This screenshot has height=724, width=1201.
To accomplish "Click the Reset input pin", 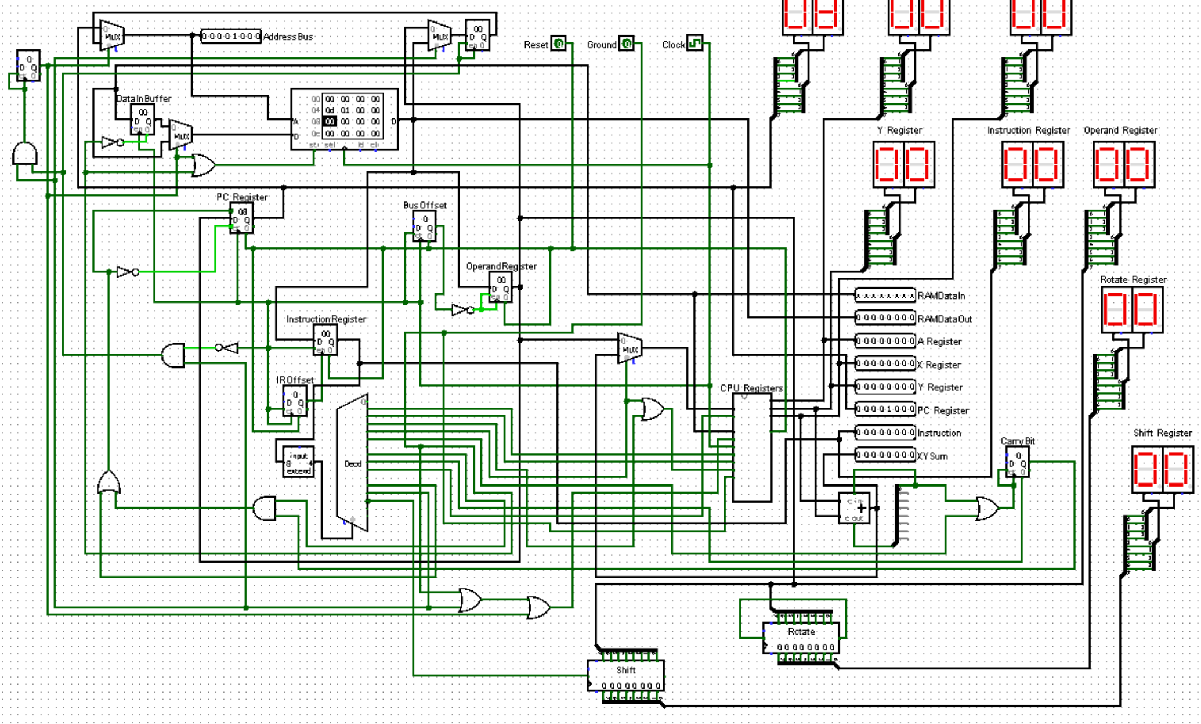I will pos(558,44).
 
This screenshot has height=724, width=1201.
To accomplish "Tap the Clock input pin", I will pos(695,44).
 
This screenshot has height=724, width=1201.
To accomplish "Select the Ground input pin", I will pos(627,44).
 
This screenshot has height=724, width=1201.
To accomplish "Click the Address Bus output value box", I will pos(231,36).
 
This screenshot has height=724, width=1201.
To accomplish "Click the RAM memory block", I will pos(345,119).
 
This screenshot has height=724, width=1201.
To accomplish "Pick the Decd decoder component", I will pos(352,463).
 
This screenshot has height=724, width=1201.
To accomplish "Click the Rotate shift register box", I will pos(801,638).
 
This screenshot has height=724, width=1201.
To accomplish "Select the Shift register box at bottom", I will pos(625,676).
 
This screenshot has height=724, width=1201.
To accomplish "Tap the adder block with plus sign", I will pos(855,509).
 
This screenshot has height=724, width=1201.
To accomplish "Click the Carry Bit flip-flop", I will pos(1018,463).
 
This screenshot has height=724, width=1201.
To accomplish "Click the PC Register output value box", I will pos(885,409).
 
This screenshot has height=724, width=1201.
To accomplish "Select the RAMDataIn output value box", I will pos(885,296).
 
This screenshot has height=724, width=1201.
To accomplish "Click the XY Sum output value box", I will pos(885,455).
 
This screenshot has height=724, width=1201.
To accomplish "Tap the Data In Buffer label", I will pos(143,99).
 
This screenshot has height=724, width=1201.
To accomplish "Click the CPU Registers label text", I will pos(751,388).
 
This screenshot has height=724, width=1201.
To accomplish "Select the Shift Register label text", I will pos(1162,433).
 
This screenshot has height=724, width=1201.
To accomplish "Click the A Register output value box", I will pos(885,341).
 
